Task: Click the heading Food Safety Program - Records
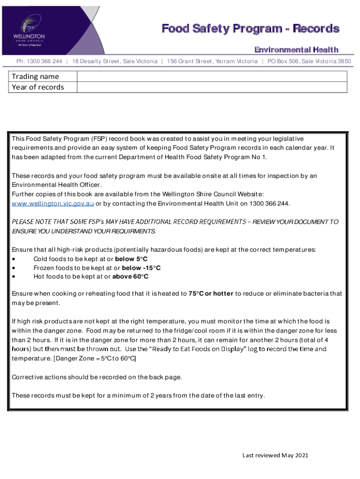point(250,29)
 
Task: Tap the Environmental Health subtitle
point(296,50)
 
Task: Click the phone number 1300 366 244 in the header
point(39,61)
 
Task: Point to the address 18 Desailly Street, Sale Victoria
point(115,61)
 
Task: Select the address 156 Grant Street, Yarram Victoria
point(212,61)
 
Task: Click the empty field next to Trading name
point(212,76)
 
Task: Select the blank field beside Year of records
point(212,87)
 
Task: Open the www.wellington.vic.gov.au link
point(53,203)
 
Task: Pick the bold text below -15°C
point(141,268)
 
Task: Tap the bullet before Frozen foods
point(14,268)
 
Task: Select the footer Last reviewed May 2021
point(275,455)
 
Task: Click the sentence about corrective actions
point(97,377)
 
